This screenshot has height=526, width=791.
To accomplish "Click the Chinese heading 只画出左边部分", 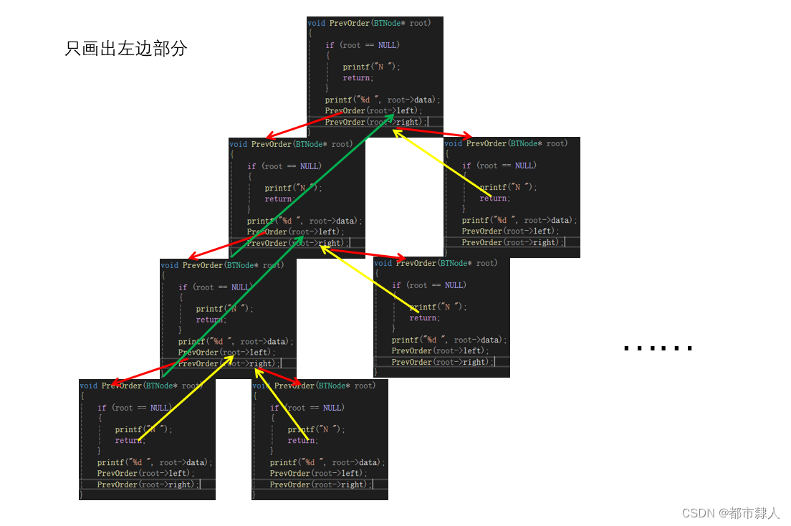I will [x=125, y=49].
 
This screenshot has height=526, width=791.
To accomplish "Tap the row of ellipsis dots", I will [x=658, y=348].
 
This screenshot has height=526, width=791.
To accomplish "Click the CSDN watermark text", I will [x=730, y=513].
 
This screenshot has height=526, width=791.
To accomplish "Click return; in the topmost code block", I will [x=357, y=77].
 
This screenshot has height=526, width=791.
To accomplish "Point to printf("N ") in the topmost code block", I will [x=371, y=67].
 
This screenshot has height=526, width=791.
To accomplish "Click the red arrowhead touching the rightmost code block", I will [x=467, y=136].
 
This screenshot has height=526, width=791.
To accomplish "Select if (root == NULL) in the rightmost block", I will [x=499, y=166].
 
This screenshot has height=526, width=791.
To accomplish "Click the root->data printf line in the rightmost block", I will [x=519, y=220].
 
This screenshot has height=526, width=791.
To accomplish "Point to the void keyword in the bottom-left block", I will [x=88, y=386].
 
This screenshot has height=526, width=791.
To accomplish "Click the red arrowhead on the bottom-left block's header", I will [x=117, y=383].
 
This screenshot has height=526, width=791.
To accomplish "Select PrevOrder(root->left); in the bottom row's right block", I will [x=317, y=473].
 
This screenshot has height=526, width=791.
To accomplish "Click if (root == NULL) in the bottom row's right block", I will [x=307, y=408].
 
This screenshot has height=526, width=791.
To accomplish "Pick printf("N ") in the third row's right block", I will [x=438, y=307].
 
